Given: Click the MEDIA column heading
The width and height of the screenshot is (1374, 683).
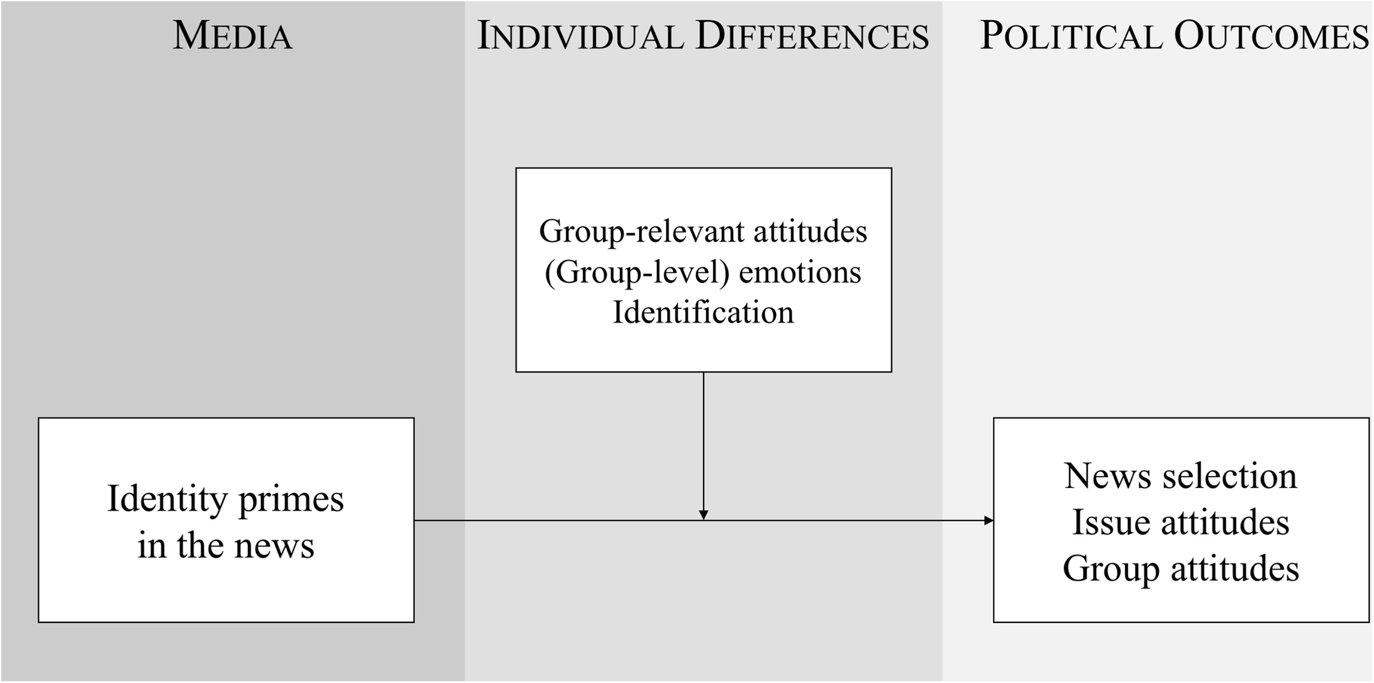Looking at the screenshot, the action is (233, 36).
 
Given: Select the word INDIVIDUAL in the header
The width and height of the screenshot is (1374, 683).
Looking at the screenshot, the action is (580, 36).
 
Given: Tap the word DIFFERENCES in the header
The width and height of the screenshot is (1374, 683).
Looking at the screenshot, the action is (812, 36).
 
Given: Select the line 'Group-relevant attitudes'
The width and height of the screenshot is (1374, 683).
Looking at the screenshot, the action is (703, 232).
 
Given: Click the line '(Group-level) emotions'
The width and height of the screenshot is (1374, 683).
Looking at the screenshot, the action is (703, 273).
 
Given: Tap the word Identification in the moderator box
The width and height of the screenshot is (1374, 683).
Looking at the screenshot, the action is (703, 312).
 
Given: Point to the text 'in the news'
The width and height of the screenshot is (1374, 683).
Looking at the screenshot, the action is (226, 546).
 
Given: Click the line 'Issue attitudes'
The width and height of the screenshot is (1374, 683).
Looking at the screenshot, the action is (1181, 521).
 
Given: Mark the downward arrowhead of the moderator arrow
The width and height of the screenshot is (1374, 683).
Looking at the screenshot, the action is (704, 515).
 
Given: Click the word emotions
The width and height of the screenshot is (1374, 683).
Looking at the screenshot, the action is (800, 273).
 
